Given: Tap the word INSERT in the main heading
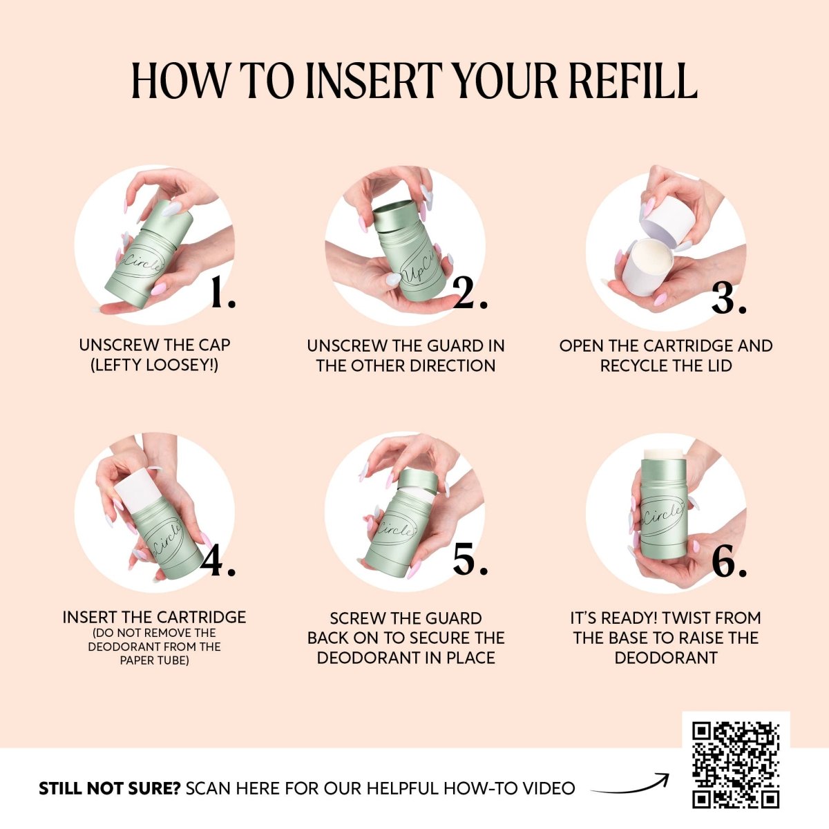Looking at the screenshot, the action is pos(374,82).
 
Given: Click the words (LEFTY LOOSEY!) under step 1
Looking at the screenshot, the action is pos(155,365).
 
